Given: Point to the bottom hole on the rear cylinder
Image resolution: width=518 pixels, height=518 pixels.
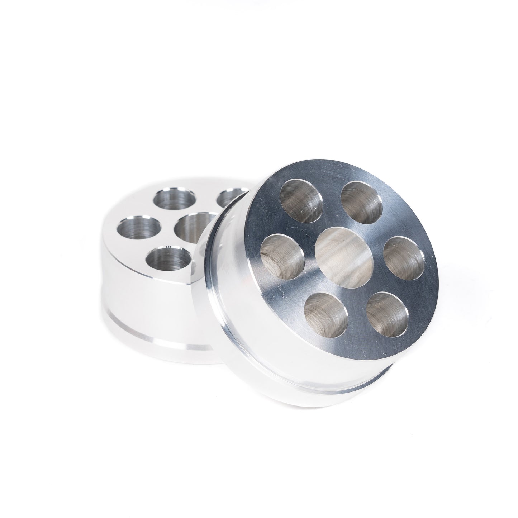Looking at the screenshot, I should click(x=168, y=260).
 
